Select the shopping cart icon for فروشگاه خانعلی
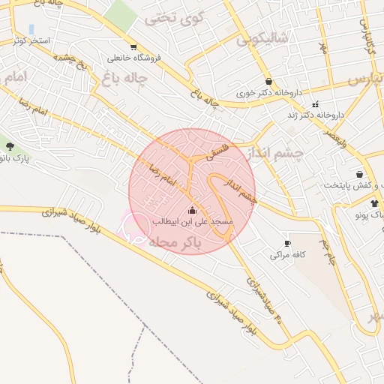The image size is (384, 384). (x=133, y=46)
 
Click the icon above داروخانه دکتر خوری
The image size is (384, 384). (x=268, y=82)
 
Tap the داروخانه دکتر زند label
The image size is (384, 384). (x=316, y=115)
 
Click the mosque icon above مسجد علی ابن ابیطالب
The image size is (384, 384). (x=193, y=210)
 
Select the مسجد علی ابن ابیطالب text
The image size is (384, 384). (x=193, y=222)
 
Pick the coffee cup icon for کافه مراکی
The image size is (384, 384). (x=287, y=243)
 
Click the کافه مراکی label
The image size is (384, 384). (x=288, y=255)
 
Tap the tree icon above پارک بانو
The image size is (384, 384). (x=9, y=146)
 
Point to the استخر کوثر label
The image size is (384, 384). (x=29, y=39)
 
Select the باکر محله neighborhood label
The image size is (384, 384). (x=172, y=242)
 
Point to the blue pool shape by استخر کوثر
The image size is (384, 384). (x=31, y=28)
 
